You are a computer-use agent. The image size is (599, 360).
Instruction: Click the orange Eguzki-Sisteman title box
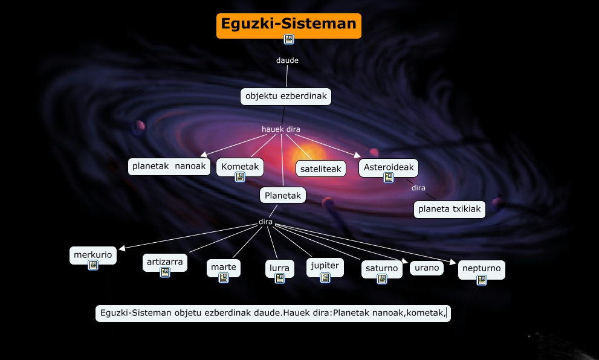tap(288, 24)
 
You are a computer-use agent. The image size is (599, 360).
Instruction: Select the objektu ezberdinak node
tap(286, 96)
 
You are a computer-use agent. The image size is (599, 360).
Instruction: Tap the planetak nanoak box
tap(169, 166)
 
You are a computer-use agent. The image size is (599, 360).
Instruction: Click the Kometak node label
tap(240, 166)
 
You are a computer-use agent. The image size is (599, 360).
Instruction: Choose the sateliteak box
tap(321, 169)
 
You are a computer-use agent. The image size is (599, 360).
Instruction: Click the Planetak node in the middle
tap(283, 195)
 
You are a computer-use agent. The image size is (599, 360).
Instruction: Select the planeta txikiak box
tap(450, 209)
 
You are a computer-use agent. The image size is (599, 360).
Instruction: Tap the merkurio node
tap(93, 255)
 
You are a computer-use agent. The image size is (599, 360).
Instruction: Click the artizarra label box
tap(165, 262)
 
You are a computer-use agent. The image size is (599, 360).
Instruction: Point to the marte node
tap(224, 267)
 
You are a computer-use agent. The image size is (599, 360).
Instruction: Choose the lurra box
tap(279, 268)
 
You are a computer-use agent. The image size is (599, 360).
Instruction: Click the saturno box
tap(382, 268)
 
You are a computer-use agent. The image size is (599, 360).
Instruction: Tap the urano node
tap(427, 268)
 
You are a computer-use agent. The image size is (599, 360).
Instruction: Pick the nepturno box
tap(481, 268)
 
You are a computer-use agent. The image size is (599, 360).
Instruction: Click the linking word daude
tap(287, 60)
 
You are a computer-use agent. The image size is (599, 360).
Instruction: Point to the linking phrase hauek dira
tap(280, 129)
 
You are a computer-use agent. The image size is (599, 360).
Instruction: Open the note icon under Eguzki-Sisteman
tap(289, 39)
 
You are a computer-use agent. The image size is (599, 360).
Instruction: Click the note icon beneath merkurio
tap(93, 265)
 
